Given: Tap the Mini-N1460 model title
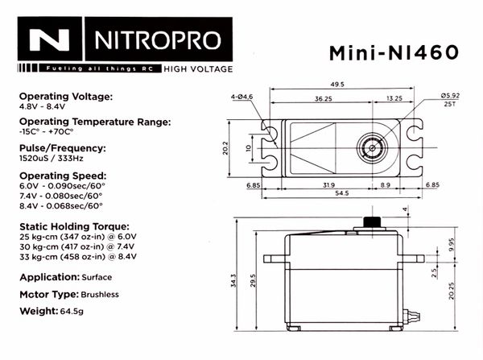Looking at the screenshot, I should [x=394, y=52].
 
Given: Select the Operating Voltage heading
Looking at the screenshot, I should [x=66, y=96].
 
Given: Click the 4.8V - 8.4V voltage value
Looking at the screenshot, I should [x=43, y=106].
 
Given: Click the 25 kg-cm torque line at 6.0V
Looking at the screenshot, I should [x=78, y=238].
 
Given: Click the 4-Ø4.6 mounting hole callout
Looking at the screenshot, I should [x=242, y=97].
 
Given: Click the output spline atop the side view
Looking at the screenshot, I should [x=372, y=221].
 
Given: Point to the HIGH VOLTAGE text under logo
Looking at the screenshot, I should [x=198, y=68].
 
